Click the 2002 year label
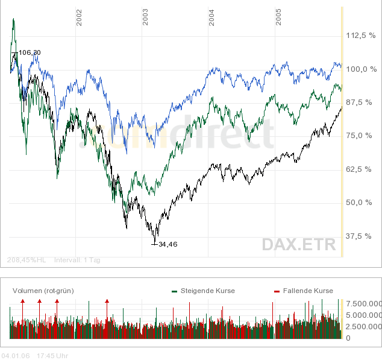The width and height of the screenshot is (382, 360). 80,17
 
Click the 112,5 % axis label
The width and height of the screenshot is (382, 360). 360,36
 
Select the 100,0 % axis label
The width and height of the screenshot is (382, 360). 360,69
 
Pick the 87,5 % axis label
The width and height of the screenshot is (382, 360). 363,103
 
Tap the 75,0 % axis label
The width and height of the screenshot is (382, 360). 363,136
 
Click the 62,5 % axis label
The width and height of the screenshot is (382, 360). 363,169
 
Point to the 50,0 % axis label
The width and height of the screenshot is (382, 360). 363,203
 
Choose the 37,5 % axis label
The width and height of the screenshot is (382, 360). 363,236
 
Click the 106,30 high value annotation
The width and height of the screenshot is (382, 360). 30,53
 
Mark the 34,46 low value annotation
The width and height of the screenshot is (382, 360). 169,244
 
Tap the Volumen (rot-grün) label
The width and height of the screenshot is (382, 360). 43,291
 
